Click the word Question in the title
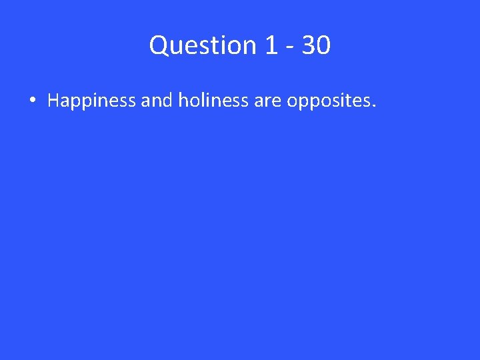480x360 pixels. [201, 45]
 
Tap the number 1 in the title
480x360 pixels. [271, 45]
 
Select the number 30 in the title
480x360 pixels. [315, 45]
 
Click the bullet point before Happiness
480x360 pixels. [32, 101]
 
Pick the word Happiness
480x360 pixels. [91, 101]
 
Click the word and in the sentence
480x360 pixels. [155, 101]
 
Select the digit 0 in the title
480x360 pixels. [323, 45]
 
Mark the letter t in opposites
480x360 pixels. [353, 101]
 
